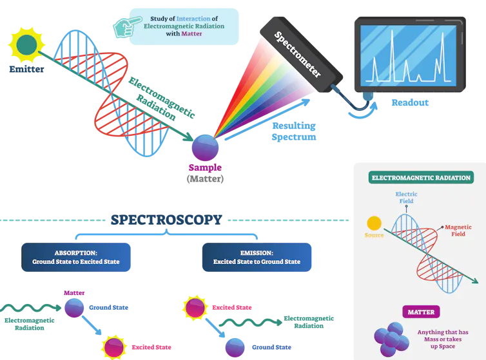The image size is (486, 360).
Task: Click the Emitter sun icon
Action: [x=26, y=45]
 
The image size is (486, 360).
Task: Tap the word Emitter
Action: [x=26, y=69]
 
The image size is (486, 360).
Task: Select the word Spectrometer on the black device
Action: [x=297, y=54]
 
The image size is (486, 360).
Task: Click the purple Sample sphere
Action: [x=205, y=147]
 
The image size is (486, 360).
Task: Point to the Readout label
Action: [x=410, y=102]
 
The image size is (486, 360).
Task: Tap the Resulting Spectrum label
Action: [x=294, y=131]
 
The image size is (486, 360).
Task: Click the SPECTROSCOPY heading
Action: [x=166, y=220]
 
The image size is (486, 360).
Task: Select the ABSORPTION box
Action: [x=76, y=257]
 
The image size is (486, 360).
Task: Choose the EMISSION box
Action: [x=257, y=257]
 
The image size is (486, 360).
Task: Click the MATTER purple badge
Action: [x=421, y=312]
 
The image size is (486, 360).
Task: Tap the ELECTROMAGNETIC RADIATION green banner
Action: [x=421, y=178]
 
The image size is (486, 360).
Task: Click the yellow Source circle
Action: [x=374, y=223]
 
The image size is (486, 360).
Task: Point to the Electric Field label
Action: [x=406, y=197]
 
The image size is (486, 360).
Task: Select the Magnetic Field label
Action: [x=458, y=231]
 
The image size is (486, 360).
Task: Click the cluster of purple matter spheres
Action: [x=391, y=339]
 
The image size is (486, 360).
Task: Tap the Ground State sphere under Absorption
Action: [x=74, y=308]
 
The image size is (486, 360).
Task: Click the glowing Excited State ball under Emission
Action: [x=195, y=308]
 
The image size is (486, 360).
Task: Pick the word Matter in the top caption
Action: [x=191, y=33]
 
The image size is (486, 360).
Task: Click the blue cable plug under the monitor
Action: [x=367, y=96]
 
